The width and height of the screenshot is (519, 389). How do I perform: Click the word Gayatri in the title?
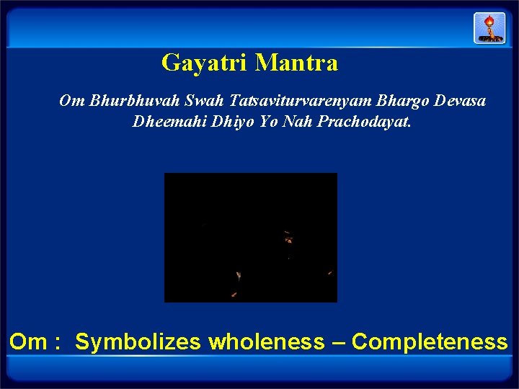[x=205, y=63]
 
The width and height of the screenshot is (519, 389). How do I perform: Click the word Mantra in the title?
[x=296, y=63]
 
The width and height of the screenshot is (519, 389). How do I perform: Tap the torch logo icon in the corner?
[x=489, y=28]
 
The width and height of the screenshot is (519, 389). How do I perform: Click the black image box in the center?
[x=250, y=237]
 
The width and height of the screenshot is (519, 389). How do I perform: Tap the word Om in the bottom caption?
[x=27, y=341]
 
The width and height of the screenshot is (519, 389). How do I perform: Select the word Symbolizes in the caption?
[x=138, y=341]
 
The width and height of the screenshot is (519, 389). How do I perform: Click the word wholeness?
[x=266, y=341]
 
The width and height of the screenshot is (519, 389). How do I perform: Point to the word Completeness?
[x=430, y=341]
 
